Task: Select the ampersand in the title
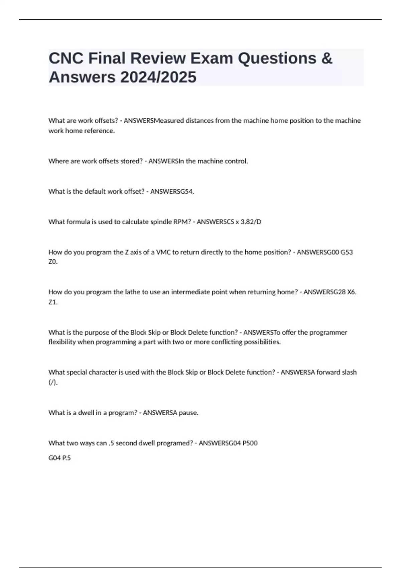pyautogui.click(x=327, y=58)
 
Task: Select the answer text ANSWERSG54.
pyautogui.click(x=172, y=191)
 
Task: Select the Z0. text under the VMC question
pyautogui.click(x=53, y=262)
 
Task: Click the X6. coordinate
pyautogui.click(x=352, y=292)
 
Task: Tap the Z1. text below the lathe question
pyautogui.click(x=53, y=302)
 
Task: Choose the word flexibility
pyautogui.click(x=62, y=342)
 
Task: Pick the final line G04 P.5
pyautogui.click(x=60, y=458)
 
